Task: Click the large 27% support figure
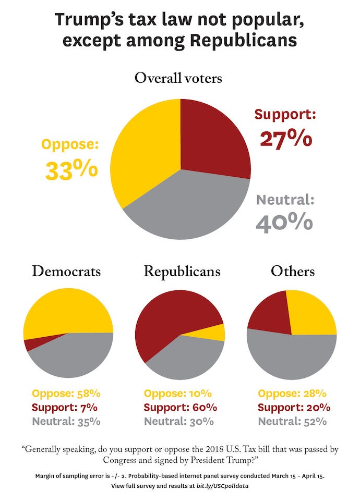(x=285, y=139)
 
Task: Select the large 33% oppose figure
(x=71, y=169)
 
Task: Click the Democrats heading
(x=66, y=272)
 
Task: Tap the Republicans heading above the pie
(x=182, y=272)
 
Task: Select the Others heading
(x=293, y=272)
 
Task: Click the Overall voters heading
(x=178, y=78)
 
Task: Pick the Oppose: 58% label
(x=66, y=393)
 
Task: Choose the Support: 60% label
(x=181, y=407)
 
